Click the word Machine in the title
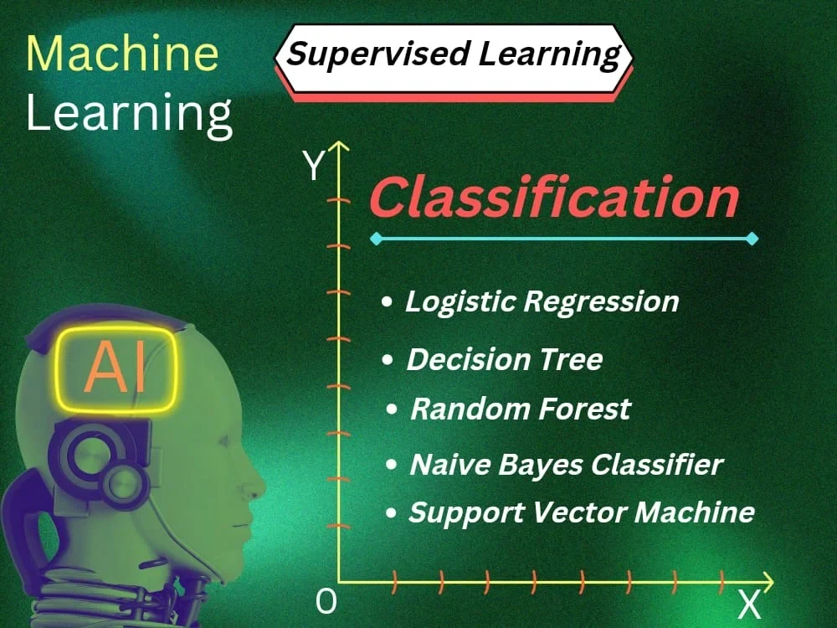[x=122, y=54]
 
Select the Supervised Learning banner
[x=454, y=55]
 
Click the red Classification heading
[x=553, y=199]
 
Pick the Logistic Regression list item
[x=542, y=301]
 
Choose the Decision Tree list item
[x=504, y=359]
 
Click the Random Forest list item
[x=520, y=409]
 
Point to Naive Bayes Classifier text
[x=566, y=464]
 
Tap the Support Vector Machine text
[x=581, y=512]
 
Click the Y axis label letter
[x=313, y=167]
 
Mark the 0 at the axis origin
[x=326, y=601]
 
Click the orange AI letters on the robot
[x=116, y=369]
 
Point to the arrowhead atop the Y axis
[x=338, y=149]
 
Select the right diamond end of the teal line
[x=752, y=239]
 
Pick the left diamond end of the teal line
[x=376, y=239]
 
